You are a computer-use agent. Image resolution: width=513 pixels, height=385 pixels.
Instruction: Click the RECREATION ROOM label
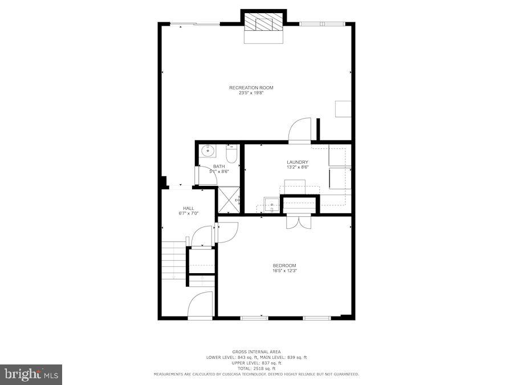(x=251, y=87)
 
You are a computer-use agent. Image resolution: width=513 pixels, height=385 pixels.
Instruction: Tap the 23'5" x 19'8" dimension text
(x=251, y=92)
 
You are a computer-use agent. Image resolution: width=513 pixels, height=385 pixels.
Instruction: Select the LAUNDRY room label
(x=298, y=162)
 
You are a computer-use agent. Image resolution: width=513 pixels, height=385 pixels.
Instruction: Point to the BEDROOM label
(x=284, y=265)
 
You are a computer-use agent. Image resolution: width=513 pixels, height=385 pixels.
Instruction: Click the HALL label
(x=189, y=208)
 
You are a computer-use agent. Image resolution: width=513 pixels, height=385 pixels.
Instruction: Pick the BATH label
(x=219, y=167)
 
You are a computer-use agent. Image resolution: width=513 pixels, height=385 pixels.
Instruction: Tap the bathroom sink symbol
(x=207, y=152)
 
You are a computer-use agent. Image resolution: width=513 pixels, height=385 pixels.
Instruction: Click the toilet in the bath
(x=231, y=154)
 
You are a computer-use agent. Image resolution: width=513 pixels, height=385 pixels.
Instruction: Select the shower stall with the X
(x=228, y=200)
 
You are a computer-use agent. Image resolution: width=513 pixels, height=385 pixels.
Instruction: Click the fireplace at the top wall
(x=263, y=26)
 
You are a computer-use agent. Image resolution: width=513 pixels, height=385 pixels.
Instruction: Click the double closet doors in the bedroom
(x=298, y=222)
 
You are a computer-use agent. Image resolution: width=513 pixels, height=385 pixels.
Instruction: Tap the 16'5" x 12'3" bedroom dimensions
(x=284, y=271)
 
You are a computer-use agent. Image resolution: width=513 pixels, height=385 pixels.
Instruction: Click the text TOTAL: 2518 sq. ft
(x=256, y=368)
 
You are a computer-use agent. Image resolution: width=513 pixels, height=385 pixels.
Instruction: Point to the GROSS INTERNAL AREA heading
(x=256, y=351)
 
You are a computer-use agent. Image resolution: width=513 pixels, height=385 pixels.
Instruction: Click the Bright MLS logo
(x=32, y=375)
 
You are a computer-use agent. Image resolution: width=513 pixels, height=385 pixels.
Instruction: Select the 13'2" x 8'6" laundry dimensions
(x=298, y=168)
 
